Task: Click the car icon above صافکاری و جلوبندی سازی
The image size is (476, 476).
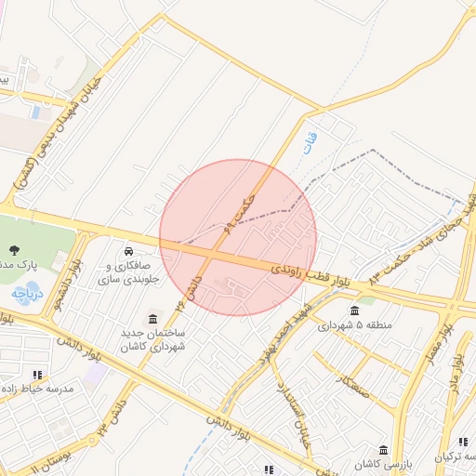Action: (127, 251)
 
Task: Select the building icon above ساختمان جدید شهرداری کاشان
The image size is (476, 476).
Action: (152, 319)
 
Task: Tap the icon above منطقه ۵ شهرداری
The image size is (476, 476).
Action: (354, 311)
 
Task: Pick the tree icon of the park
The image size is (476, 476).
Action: (15, 249)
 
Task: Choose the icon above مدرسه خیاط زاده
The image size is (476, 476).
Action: (37, 374)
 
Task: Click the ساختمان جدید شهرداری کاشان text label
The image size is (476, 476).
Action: (152, 339)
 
